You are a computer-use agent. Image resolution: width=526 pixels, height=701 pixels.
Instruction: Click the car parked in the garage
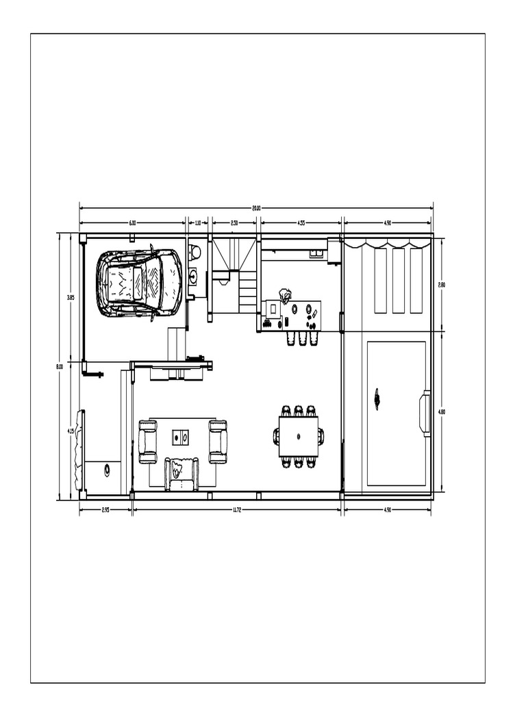coord(139,283)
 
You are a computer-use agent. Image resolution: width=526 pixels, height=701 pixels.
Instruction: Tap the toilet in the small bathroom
coord(195,253)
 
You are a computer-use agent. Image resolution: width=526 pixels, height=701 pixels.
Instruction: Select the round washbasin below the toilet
coord(194,277)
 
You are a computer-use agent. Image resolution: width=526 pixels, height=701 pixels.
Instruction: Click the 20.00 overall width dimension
coord(256,207)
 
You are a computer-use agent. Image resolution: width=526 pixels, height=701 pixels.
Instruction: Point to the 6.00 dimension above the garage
coord(132,222)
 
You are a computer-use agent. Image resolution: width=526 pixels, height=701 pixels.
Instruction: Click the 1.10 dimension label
coord(197,222)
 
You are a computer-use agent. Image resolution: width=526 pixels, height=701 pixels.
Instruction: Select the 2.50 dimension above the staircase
coord(234,222)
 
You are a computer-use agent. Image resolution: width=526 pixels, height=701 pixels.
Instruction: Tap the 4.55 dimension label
coord(301,222)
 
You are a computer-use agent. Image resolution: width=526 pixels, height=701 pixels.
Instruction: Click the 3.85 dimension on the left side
coord(70,298)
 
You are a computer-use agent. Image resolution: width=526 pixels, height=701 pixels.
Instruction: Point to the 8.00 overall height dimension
coord(59,367)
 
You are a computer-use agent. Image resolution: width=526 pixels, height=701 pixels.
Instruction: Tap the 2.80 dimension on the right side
coord(442,284)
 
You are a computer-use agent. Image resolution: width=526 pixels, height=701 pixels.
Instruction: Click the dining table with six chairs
coord(299,436)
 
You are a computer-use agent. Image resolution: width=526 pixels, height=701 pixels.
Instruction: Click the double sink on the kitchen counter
coord(316,253)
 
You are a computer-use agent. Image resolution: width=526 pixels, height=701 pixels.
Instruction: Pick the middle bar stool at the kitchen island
coord(302,338)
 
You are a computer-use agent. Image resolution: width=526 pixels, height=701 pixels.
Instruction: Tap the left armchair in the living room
coord(147,442)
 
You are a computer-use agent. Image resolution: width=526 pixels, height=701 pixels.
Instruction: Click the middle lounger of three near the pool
coord(398,280)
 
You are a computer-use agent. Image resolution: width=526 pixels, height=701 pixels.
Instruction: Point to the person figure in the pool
coord(377,398)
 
